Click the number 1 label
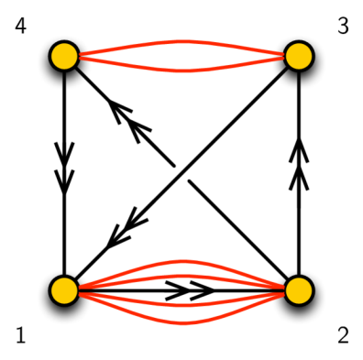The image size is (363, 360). coord(20,336)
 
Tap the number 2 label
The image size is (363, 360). coord(343,336)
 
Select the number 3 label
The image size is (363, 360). coord(343,27)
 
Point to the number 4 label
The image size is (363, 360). coord(20,27)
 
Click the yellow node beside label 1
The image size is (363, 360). coord(62,290)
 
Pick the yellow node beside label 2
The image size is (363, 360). coord(300,290)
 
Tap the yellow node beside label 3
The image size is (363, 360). coord(300,57)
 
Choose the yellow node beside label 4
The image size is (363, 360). coord(62,57)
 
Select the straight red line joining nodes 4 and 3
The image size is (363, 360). coord(181,57)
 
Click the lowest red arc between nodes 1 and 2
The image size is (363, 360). coord(181,323)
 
